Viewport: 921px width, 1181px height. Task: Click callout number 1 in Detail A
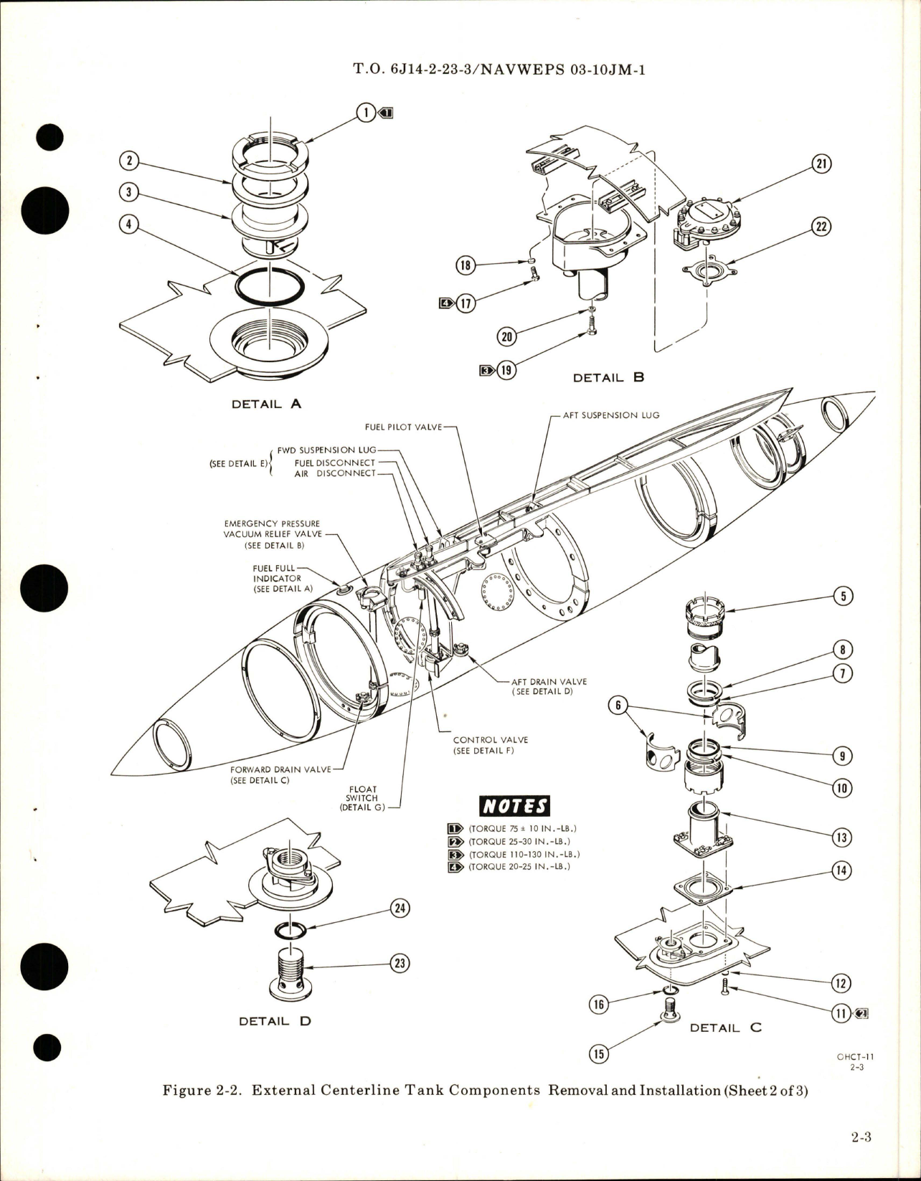366,112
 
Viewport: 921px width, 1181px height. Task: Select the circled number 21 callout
820,164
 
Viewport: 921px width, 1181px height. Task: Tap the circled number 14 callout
841,871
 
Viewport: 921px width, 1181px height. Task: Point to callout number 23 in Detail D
399,963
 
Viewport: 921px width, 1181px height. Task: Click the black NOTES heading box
514,806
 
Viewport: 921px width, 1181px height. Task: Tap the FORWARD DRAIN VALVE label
280,769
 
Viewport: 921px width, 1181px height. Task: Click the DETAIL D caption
275,1020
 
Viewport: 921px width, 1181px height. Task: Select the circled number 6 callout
615,705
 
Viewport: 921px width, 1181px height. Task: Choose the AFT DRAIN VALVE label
549,682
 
